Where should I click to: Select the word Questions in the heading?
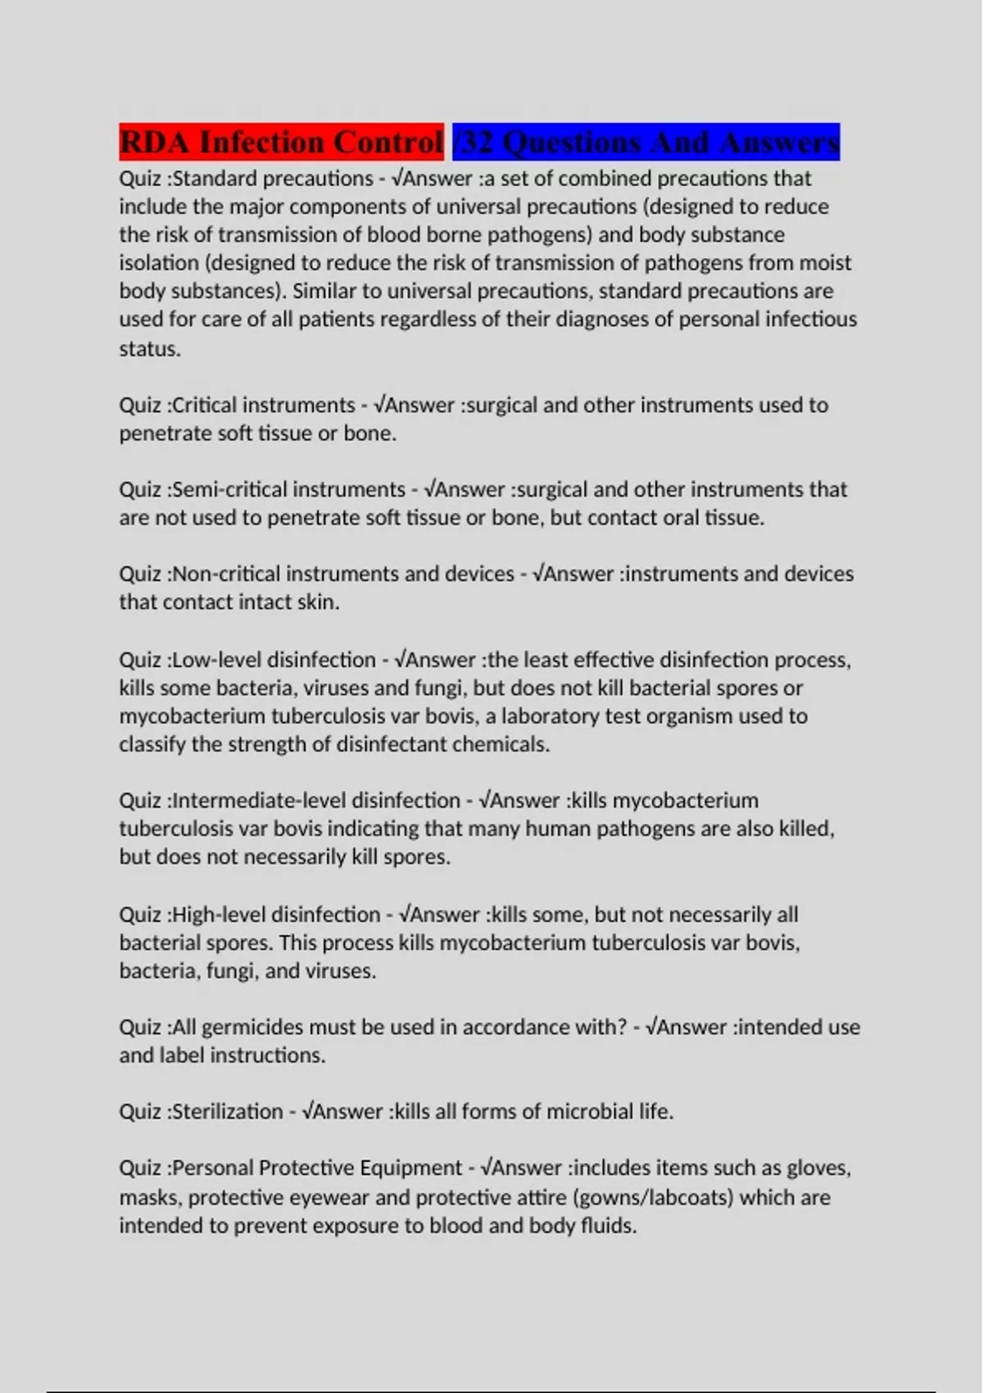pyautogui.click(x=571, y=142)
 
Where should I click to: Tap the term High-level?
pyautogui.click(x=219, y=914)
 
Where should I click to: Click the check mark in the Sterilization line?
pyautogui.click(x=308, y=1112)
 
